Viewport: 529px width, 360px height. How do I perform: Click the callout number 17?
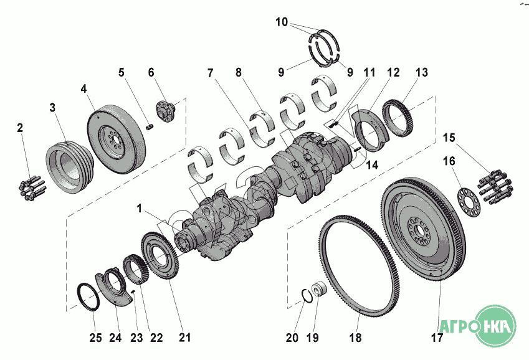coord(437,337)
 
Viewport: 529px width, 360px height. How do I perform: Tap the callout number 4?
coord(83,88)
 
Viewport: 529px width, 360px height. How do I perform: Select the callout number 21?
coord(184,337)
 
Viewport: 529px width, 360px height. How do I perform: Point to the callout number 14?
coord(372,165)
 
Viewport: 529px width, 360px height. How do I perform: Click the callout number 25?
coord(95,338)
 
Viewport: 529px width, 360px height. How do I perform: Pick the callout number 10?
coord(282,22)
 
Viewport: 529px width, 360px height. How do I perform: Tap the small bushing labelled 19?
coord(319,289)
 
